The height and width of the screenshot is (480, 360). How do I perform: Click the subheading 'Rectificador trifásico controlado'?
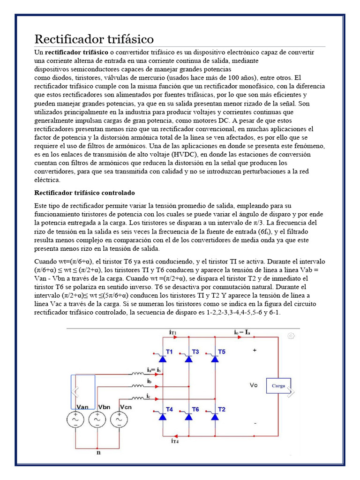click(x=85, y=193)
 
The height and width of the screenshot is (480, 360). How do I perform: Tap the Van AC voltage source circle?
click(x=75, y=420)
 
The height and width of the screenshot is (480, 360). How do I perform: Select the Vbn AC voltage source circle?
click(x=97, y=420)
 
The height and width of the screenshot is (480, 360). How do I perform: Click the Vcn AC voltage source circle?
click(x=120, y=420)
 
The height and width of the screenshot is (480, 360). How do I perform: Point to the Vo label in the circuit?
click(x=254, y=385)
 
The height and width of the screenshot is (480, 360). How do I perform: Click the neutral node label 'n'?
click(x=98, y=453)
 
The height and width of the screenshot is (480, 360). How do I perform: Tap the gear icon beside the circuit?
click(x=291, y=336)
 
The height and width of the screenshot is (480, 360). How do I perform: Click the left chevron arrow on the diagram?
click(x=75, y=391)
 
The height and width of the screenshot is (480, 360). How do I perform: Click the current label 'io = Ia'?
click(x=242, y=332)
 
